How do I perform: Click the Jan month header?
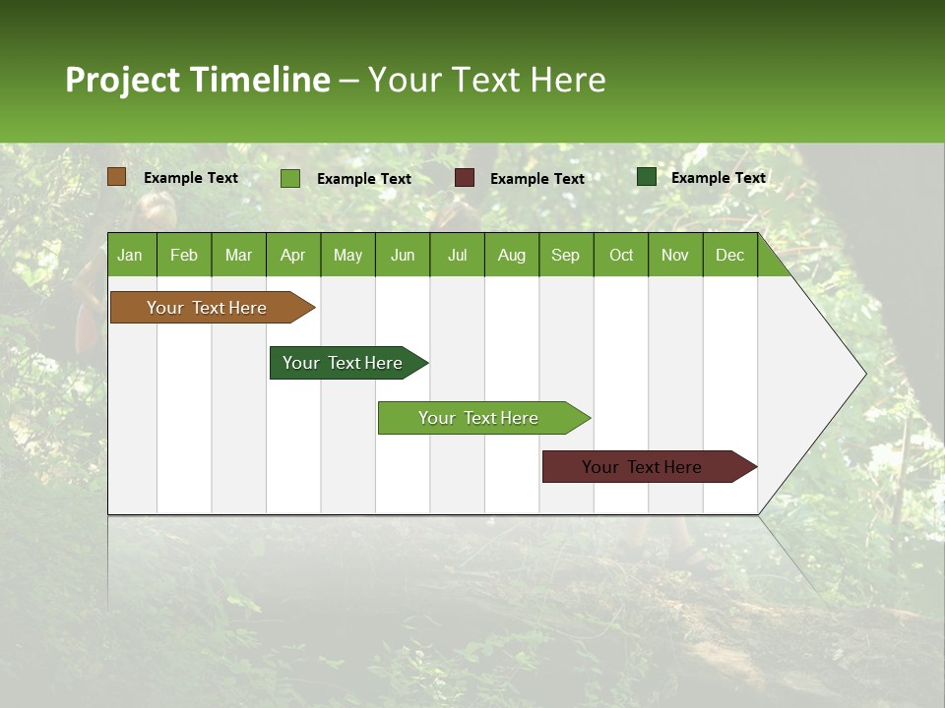point(130,255)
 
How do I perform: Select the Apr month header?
point(292,255)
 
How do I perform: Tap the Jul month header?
point(457,255)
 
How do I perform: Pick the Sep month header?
point(565,255)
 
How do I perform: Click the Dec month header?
point(729,255)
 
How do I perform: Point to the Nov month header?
point(674,255)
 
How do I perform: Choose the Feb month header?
point(184,255)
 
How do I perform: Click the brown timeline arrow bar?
point(207,308)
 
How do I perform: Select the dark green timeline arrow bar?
point(343,363)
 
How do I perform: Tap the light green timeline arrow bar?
point(478,418)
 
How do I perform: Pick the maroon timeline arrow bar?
point(642,467)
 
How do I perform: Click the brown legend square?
point(117,177)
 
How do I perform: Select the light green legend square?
point(290,178)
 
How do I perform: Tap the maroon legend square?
point(465,178)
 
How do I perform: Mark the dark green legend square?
point(647,177)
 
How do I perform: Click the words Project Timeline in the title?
point(197,80)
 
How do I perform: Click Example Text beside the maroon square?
point(536,179)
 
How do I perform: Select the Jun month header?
point(403,255)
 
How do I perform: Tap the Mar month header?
point(238,255)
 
